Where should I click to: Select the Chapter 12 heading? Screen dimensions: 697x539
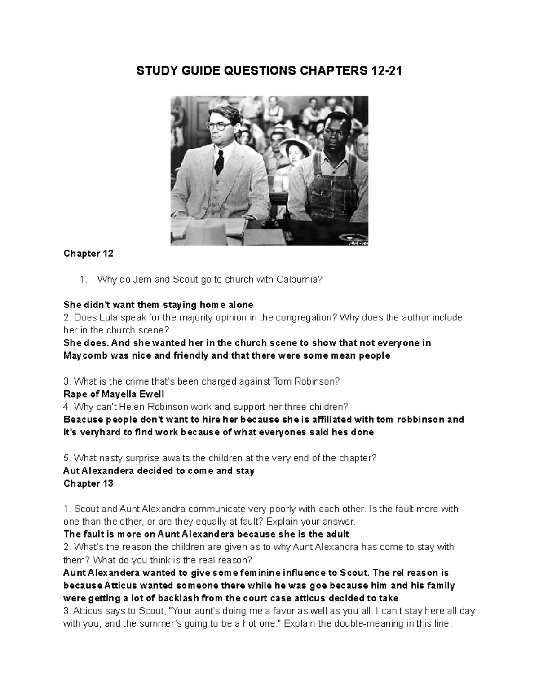(88, 254)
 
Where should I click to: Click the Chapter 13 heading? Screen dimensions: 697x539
(88, 484)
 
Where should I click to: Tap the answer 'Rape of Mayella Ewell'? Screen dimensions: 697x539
(114, 395)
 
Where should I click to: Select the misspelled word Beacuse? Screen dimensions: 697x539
(84, 420)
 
